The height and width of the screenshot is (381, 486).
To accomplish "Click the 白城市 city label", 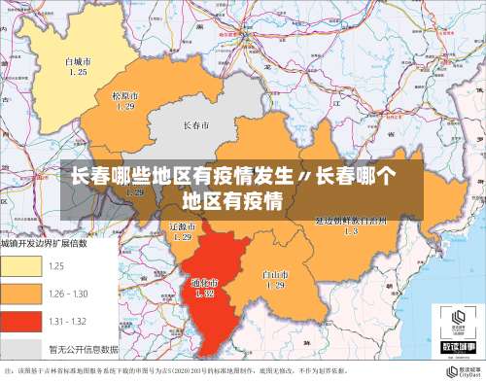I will coord(77,61).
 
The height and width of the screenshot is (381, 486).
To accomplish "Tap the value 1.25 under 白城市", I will coord(77,72).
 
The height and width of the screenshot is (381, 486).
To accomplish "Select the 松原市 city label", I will coord(124,96).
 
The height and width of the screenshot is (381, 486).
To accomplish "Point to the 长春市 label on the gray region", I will coord(196,126).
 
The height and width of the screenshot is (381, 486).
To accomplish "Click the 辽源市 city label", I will coord(182,225).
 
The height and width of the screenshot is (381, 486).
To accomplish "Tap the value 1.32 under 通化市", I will coord(204,293).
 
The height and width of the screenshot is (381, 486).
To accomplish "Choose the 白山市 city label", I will coord(275,275).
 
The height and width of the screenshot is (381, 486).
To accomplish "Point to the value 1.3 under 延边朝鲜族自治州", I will coord(351,232).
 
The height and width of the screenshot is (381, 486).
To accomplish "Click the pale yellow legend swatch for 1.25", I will coord(20,266).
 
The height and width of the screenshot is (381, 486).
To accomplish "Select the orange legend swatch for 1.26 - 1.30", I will coord(20,294).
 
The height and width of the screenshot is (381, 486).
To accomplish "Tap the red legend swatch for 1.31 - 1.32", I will coord(20,321).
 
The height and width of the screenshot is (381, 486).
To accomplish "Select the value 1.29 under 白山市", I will coord(275,286).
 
